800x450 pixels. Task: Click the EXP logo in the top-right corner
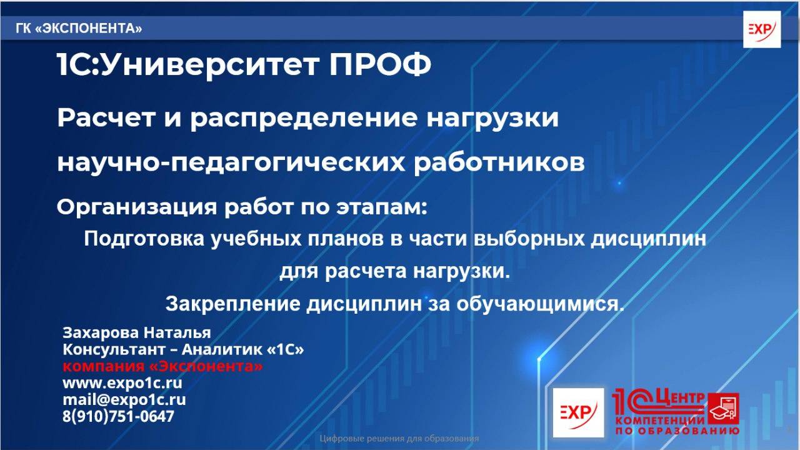761,29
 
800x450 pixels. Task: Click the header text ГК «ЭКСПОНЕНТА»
79,29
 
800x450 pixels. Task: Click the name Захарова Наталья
137,332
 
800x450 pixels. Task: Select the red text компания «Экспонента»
162,366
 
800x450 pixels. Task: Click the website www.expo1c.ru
122,383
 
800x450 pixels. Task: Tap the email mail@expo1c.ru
124,400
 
